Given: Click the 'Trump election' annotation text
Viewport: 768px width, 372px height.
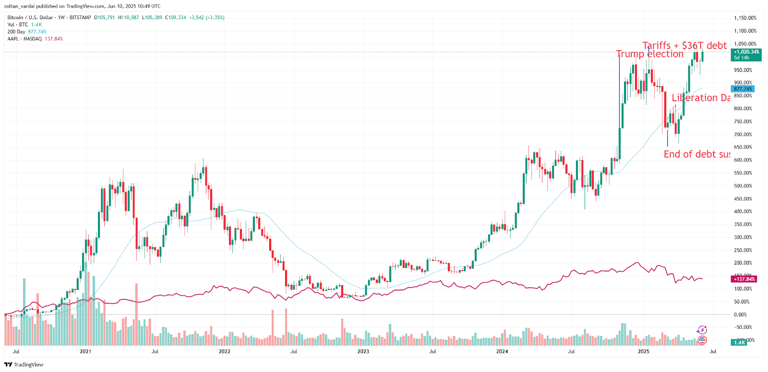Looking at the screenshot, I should (x=650, y=54).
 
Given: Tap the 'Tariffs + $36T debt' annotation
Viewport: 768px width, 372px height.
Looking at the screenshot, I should (x=684, y=46).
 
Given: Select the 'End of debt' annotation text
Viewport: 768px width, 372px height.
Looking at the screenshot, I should (x=696, y=154).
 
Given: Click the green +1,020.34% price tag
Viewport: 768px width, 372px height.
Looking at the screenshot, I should (x=746, y=52).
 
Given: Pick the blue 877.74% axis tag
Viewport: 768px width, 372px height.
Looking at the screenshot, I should (x=743, y=89).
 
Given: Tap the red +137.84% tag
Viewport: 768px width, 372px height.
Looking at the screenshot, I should (x=744, y=279).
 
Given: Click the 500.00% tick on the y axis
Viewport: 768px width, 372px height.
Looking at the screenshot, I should (x=743, y=186).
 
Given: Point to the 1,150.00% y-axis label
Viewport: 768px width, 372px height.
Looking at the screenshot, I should (x=745, y=18).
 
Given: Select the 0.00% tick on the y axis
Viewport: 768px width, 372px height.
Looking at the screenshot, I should (x=741, y=314).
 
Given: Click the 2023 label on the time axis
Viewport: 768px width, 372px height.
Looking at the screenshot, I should (x=363, y=351).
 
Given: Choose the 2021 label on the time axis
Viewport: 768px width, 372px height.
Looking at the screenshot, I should (x=85, y=351).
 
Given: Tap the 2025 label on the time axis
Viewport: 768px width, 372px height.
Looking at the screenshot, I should (x=643, y=351).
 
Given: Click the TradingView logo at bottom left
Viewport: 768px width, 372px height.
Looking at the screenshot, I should (x=24, y=365).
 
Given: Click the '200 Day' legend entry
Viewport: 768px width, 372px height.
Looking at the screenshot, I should (x=16, y=32).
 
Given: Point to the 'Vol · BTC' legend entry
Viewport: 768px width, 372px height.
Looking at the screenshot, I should (x=18, y=24).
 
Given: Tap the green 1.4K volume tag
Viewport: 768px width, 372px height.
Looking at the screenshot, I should (x=739, y=342).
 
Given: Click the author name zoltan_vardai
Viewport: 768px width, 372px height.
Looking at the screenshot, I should (x=20, y=6).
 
